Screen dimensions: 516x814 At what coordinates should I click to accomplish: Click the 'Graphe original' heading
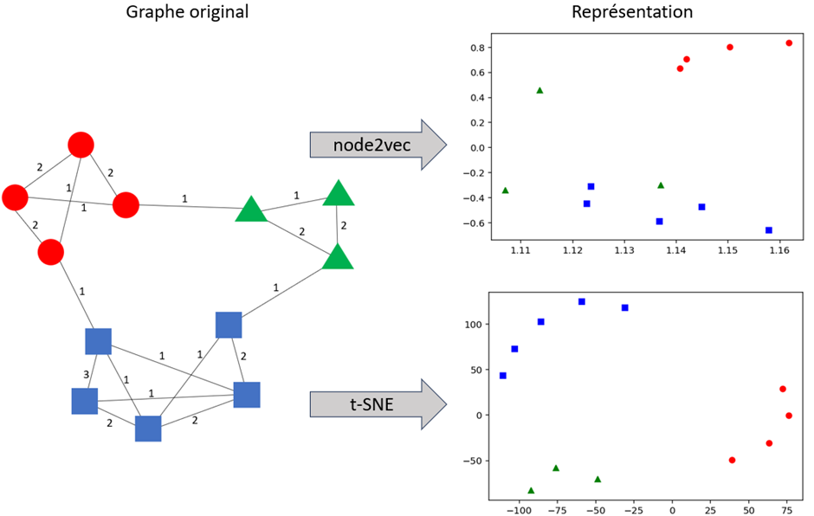click(x=187, y=12)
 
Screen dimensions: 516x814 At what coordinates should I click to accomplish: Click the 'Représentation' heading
click(x=631, y=12)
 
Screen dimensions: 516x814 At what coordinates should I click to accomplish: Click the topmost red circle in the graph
click(x=81, y=145)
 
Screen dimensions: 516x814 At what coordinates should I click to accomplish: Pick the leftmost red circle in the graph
click(x=15, y=197)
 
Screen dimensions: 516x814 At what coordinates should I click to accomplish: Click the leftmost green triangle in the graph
click(x=251, y=210)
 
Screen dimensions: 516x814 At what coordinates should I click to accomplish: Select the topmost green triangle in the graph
click(x=339, y=192)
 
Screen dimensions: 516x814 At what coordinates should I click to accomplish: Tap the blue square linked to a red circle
click(x=98, y=341)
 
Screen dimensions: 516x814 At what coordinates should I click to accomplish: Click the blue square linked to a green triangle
click(x=229, y=325)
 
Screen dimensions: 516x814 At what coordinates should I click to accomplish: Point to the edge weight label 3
click(x=86, y=375)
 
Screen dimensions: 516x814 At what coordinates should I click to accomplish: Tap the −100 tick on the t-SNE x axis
click(x=519, y=511)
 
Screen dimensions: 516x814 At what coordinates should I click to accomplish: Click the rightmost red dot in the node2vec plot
click(x=789, y=42)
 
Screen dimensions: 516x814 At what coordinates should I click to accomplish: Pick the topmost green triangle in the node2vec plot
click(x=539, y=90)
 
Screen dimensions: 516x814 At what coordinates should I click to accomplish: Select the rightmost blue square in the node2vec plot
click(x=769, y=230)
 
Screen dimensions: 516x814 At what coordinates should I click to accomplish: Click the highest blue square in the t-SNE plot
click(x=582, y=301)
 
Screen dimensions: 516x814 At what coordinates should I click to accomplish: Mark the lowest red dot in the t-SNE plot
click(x=732, y=460)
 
